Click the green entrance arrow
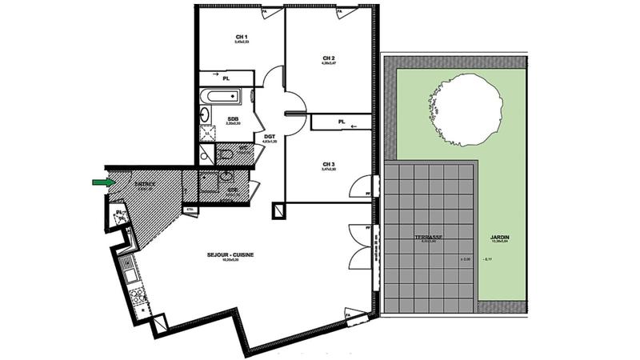coord(102,182)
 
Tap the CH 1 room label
coord(241,38)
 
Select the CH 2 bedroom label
coord(328,58)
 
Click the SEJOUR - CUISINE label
coord(230,254)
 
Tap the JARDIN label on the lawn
coord(501,238)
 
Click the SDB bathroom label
coord(232,118)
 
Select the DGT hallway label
coord(270,137)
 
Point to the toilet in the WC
coord(226,153)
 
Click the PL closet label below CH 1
coord(226,78)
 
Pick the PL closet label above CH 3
coord(342,122)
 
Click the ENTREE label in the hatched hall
coord(145,183)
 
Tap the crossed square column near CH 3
coord(278,211)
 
